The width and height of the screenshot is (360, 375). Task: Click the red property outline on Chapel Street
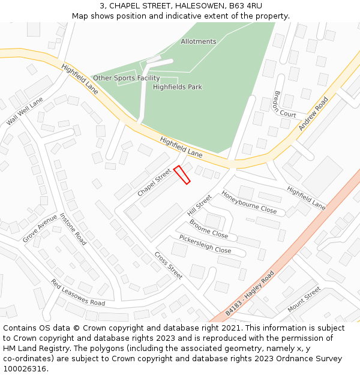point(182,175)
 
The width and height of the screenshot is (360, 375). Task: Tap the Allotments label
point(198,42)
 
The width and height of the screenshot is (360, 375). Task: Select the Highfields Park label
point(177,87)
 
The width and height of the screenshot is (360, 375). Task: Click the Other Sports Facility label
point(126,78)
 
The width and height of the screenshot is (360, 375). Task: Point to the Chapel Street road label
point(154,182)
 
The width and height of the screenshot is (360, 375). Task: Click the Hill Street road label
point(199,205)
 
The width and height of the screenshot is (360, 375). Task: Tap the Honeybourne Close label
point(249,202)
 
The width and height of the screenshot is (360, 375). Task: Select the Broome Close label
point(209,229)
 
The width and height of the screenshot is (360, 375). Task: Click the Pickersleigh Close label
point(205,245)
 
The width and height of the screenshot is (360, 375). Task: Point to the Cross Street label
point(168,265)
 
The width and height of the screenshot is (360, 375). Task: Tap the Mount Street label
point(304,300)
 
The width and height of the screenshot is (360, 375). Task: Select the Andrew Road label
point(314,112)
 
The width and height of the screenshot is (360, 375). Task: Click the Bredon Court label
point(284,104)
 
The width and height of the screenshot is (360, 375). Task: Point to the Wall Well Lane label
point(25,111)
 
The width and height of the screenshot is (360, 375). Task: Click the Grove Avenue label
point(40,228)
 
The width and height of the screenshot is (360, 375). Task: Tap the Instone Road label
point(73,229)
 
